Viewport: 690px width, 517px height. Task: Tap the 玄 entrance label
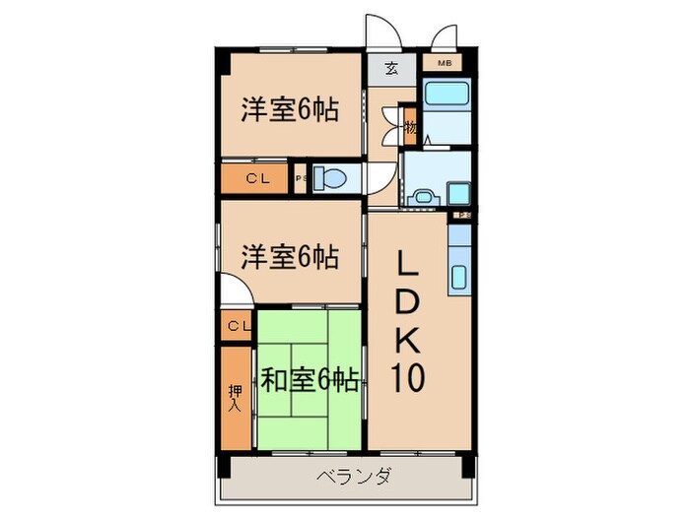pos(391,69)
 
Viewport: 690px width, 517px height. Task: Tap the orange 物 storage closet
pos(410,126)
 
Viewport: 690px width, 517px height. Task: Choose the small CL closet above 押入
pos(237,326)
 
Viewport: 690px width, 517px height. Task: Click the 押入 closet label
pos(236,396)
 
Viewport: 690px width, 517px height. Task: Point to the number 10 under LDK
pos(410,378)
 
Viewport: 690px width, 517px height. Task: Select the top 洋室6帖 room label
pos(290,109)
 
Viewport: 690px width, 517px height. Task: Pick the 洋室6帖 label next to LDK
pos(290,258)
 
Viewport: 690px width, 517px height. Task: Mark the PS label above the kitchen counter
pos(461,215)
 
